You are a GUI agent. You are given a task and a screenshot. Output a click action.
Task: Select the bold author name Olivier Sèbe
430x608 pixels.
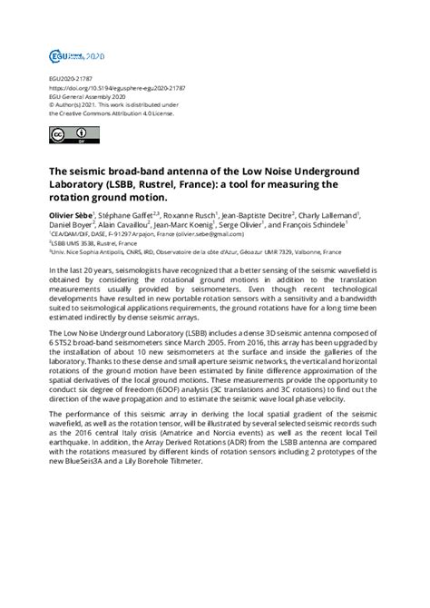tap(70, 214)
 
